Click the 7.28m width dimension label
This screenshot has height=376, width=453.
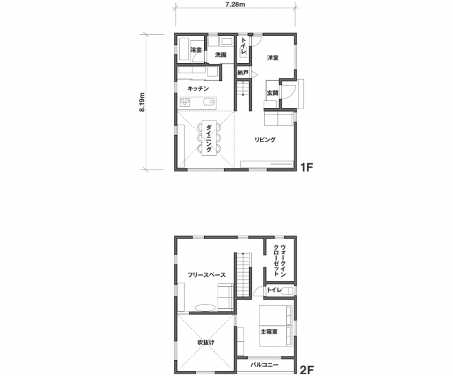[235, 5]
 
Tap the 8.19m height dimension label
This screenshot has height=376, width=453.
[142, 102]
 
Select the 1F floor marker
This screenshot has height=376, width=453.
[307, 167]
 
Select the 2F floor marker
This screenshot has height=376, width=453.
[307, 370]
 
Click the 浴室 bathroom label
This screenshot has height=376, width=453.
[196, 50]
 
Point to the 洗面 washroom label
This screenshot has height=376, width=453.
[221, 55]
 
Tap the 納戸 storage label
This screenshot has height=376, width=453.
[242, 73]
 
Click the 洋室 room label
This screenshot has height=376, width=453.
[273, 58]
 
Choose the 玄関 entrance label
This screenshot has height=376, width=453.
[273, 93]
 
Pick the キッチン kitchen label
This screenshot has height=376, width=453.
[198, 89]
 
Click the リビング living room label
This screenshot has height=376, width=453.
[265, 140]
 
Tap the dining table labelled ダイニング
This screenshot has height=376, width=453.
[209, 138]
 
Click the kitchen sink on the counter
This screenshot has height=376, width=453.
[209, 102]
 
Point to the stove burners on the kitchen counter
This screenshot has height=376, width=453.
[185, 102]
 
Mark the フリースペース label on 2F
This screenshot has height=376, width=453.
[206, 275]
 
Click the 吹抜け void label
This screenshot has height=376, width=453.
[206, 342]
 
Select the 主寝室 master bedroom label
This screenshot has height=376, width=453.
[269, 332]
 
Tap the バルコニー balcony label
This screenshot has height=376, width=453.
[264, 365]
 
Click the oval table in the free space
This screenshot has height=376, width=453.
[205, 308]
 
